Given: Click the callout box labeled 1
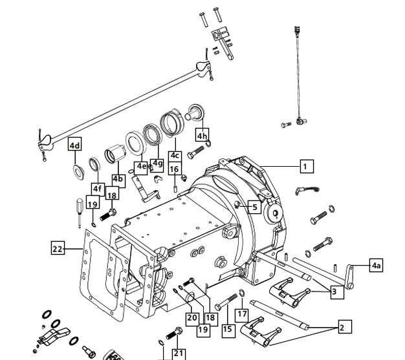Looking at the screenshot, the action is tap(307, 166).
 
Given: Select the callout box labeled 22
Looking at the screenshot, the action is tap(58, 249).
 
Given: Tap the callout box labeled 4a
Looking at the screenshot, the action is tap(376, 265).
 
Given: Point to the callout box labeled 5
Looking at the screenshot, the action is tap(255, 207).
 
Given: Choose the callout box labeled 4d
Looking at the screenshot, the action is tap(75, 145).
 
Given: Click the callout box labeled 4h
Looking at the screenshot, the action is tap(202, 134).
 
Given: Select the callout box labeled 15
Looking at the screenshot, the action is tap(228, 330).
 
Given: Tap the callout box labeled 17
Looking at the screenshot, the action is tap(242, 314).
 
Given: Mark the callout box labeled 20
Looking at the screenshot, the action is tap(192, 318).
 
